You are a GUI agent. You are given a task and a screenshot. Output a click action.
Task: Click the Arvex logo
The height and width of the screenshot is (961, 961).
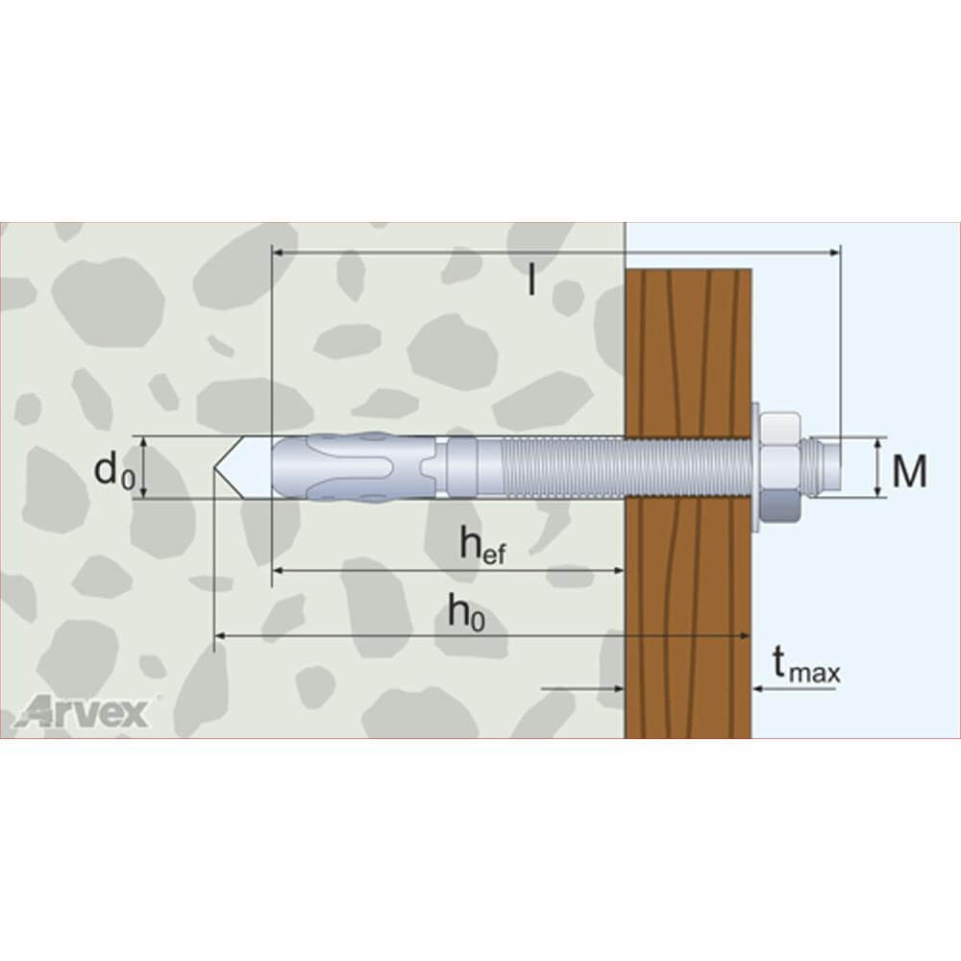[x=82, y=711]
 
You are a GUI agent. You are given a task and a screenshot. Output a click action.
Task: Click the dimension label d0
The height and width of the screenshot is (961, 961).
[x=114, y=471]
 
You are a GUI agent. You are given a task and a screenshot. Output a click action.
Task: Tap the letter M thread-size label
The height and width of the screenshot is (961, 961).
[x=909, y=471]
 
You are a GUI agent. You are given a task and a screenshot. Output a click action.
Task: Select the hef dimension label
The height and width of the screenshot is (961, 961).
[x=483, y=545]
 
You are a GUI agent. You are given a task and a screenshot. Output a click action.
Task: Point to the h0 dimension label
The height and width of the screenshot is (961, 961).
[x=466, y=612]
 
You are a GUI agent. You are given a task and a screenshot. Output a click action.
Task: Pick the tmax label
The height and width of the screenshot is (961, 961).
[x=806, y=666]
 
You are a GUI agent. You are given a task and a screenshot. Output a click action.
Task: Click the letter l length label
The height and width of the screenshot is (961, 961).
[x=531, y=280]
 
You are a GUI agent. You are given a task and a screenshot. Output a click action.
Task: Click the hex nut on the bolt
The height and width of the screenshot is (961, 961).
[x=780, y=468]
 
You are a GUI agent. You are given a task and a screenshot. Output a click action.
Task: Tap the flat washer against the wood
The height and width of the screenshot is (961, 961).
[x=755, y=467]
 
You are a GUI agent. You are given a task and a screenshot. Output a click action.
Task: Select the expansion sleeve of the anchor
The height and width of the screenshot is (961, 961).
[x=355, y=468]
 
